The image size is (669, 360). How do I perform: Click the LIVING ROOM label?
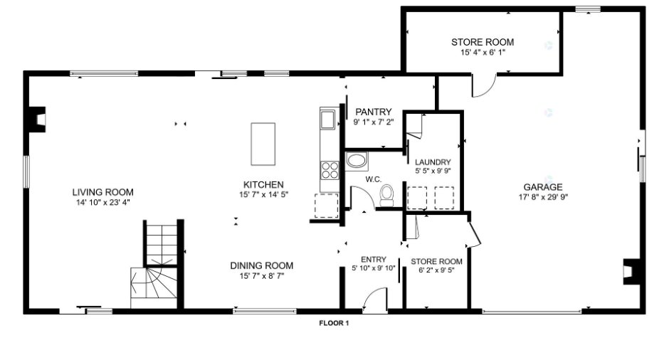pos(102,192)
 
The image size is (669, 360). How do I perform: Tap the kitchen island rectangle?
pos(263,144)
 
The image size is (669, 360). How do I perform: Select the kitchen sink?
pos(327,120)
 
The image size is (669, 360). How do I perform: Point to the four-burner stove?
pos(330,170)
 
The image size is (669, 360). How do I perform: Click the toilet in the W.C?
pos(387,196)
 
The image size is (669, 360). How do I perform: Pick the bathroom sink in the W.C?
pos(356,161)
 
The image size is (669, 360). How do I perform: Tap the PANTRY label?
pos(374,112)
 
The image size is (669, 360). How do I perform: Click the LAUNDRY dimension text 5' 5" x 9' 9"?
pos(433,171)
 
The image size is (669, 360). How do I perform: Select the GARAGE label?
pos(543,187)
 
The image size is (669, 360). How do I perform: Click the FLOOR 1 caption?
pos(334,323)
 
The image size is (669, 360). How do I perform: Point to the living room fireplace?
pos(37,120)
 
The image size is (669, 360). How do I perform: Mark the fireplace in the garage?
pos(632,271)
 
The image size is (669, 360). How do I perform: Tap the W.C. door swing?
pos(362,195)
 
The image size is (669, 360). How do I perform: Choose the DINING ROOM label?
pos(261,266)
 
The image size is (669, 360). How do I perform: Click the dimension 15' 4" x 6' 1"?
pos(483,53)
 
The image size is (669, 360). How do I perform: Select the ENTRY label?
pos(374,260)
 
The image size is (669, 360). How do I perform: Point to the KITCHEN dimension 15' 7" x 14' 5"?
pos(263,194)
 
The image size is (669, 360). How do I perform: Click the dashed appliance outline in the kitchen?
pos(327,206)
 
